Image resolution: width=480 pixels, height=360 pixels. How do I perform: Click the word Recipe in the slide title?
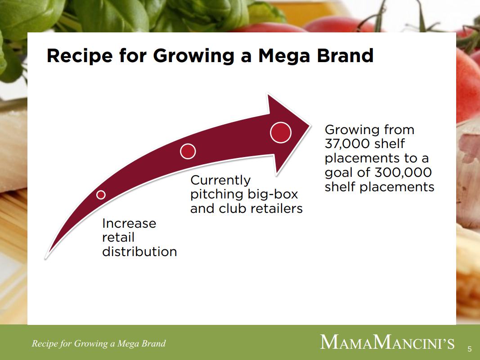click(80, 56)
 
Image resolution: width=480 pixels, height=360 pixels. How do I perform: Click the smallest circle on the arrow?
click(101, 195)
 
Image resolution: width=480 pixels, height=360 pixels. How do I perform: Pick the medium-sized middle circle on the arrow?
click(188, 151)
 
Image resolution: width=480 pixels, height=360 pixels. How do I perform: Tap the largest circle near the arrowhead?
click(280, 133)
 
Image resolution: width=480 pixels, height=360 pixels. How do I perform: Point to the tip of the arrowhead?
click(310, 125)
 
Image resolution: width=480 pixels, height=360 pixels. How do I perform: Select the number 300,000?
click(403, 173)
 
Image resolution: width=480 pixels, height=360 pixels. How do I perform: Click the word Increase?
click(129, 224)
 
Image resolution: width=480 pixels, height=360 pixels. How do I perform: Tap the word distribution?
click(139, 252)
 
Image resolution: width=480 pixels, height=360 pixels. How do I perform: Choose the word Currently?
click(220, 180)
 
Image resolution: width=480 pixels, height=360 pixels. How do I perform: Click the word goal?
click(338, 173)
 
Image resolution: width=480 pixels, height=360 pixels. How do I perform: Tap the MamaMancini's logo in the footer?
click(387, 342)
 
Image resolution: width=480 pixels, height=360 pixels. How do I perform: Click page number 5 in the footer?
click(470, 349)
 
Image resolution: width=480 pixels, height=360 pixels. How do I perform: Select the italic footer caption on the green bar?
click(99, 343)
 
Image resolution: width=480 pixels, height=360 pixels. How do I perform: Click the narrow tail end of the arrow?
click(46, 257)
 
